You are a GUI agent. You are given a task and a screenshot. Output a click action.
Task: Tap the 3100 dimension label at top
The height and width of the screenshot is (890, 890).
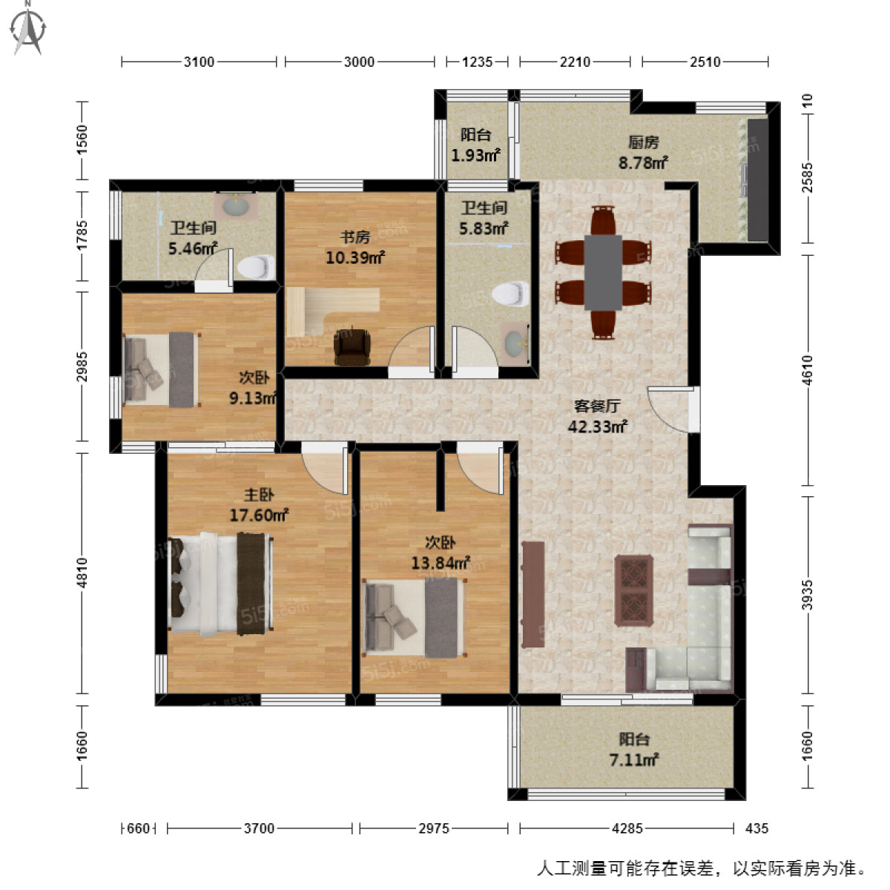tap(199, 62)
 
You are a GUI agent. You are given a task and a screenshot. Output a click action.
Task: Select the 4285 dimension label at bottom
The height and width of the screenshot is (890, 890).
tap(627, 828)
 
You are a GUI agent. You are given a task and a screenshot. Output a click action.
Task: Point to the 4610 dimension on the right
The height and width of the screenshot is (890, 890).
tap(807, 370)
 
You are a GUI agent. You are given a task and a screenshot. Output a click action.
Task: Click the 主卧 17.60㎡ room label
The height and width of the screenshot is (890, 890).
tap(259, 504)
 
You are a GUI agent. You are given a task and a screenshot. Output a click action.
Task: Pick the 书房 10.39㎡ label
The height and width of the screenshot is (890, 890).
tap(355, 247)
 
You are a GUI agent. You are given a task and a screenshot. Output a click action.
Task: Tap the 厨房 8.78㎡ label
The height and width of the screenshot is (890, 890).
tap(643, 153)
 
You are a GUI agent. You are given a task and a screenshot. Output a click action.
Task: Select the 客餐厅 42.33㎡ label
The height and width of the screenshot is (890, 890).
tap(597, 415)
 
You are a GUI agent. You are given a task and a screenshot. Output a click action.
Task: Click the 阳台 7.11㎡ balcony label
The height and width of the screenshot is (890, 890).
tap(633, 749)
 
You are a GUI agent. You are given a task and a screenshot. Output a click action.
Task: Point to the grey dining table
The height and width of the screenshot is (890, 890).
tap(603, 272)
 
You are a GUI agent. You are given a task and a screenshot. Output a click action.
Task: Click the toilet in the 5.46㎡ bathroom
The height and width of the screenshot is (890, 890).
tap(256, 267)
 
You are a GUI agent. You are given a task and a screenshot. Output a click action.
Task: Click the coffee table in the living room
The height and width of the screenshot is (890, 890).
tap(633, 590)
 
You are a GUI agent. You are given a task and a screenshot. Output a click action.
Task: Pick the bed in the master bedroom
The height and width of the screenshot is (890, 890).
tap(221, 584)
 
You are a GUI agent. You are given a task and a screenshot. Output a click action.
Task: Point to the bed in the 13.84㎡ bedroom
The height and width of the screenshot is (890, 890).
tap(415, 618)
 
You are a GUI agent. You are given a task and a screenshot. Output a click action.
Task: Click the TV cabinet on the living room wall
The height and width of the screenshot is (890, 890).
tap(533, 594)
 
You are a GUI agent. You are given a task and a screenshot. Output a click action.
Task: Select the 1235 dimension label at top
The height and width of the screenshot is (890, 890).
tap(477, 62)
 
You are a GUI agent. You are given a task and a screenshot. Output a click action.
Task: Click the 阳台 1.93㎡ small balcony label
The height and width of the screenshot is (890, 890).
tap(475, 145)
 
